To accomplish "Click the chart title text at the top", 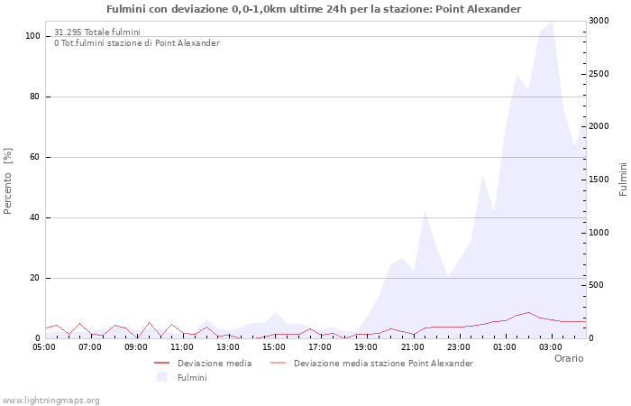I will tap(314, 9).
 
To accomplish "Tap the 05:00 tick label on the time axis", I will tap(44, 346).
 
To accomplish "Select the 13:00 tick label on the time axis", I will tap(228, 346).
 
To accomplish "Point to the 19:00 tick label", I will tap(366, 346).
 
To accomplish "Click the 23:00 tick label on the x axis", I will tap(458, 346).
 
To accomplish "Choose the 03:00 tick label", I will tap(550, 346).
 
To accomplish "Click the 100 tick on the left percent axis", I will tap(32, 36).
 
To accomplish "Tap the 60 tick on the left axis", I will tap(35, 157).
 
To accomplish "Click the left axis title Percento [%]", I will tap(8, 181).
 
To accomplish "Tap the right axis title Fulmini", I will tap(623, 180).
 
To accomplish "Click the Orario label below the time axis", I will tap(568, 358).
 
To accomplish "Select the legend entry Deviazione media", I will tap(215, 364).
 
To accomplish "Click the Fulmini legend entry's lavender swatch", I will tap(162, 377).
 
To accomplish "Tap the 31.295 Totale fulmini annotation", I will tap(96, 32).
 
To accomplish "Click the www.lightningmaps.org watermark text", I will tap(50, 401).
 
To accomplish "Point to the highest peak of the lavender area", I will tap(551, 23).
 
